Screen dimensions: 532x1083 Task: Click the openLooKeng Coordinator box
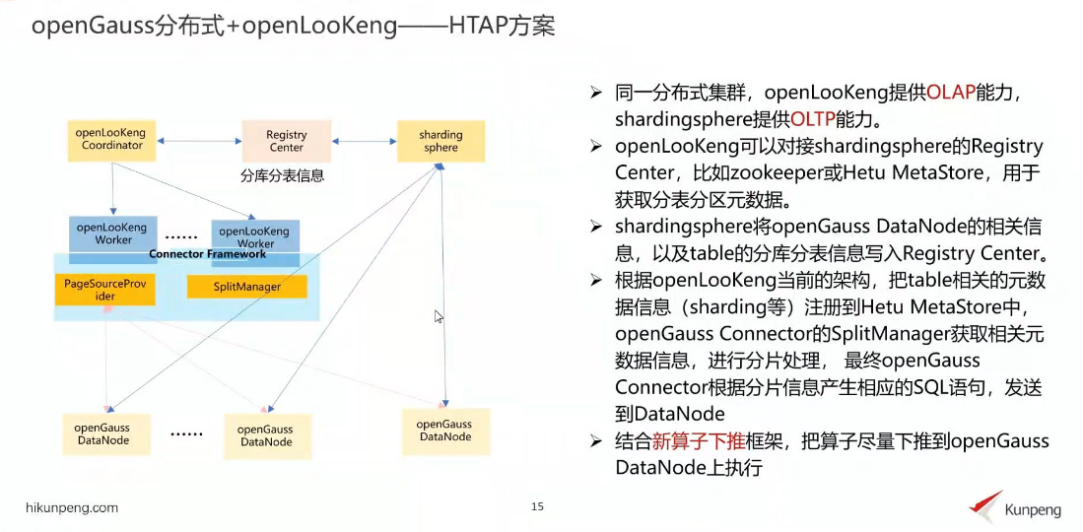[x=111, y=140]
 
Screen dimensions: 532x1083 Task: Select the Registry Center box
[x=286, y=141]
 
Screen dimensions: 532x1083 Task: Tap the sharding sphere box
[x=440, y=141]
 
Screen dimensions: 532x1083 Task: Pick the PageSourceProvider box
[x=103, y=290]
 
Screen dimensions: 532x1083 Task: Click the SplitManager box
[x=247, y=287]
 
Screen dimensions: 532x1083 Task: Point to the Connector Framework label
[x=207, y=254]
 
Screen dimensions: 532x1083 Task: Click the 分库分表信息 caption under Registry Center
[x=283, y=177]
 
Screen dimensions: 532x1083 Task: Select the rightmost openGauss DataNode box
[x=445, y=431]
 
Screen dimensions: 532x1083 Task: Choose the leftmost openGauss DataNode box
[x=102, y=434]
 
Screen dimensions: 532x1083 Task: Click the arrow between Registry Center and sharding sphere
[x=364, y=142]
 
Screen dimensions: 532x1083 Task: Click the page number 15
[x=537, y=506]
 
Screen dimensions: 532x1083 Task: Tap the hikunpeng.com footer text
[x=71, y=507]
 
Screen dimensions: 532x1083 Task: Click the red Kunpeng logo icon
[x=984, y=504]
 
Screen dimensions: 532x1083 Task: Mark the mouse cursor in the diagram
[x=439, y=316]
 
